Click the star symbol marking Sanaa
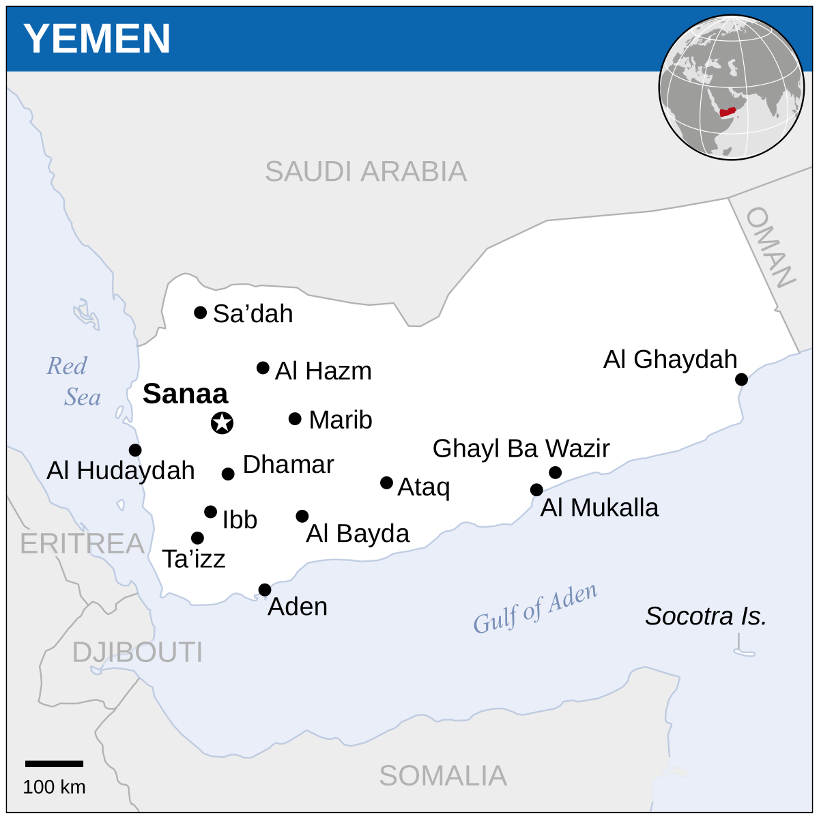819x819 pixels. [222, 423]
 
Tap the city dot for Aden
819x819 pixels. [265, 590]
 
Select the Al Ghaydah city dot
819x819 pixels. [741, 379]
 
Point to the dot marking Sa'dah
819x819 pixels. [200, 313]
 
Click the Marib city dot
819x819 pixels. [295, 418]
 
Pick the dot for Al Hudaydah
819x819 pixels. [135, 450]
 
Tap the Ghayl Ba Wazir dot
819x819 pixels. [555, 472]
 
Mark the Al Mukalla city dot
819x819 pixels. [536, 489]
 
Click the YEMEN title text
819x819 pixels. [97, 38]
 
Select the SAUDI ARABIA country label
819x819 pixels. [366, 171]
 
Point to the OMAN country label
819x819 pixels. [771, 247]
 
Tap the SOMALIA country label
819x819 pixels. [443, 776]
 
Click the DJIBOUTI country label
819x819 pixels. [137, 652]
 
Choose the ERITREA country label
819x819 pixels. [82, 544]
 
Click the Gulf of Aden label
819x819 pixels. [535, 608]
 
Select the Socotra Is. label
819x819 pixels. [706, 616]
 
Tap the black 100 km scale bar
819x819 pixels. [55, 764]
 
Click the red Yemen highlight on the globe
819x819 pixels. [728, 111]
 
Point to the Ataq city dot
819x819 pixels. [386, 483]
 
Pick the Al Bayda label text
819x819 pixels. [358, 534]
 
